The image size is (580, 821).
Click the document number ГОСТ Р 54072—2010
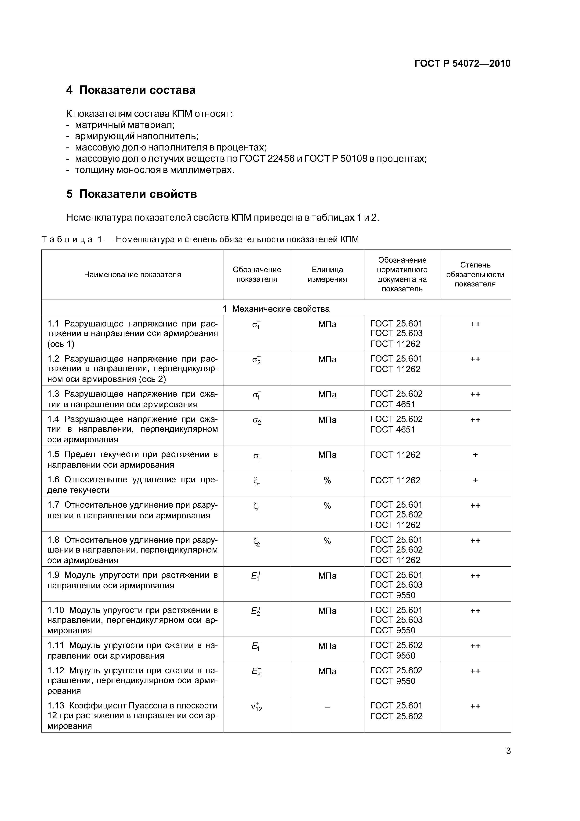462,64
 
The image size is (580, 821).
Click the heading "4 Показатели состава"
131,90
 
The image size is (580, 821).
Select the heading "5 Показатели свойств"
131,194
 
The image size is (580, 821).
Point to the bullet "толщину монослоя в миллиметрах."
154,170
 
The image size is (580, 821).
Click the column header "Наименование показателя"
133,275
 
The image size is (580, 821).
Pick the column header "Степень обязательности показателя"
475,275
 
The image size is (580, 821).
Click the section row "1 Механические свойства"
276,309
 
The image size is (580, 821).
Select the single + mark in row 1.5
475,455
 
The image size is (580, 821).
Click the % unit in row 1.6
327,480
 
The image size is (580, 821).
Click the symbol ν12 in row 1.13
256,707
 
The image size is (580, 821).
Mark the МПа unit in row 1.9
327,576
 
